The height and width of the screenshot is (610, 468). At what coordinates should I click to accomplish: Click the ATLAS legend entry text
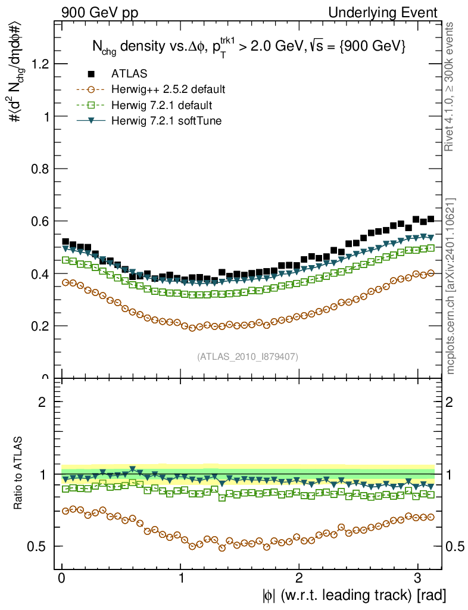[x=129, y=74]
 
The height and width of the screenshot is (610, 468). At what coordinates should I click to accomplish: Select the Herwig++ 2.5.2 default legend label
[x=168, y=90]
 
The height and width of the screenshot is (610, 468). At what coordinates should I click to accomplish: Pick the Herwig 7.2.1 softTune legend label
[x=167, y=121]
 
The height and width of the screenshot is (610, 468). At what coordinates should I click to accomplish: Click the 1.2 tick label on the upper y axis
[x=39, y=64]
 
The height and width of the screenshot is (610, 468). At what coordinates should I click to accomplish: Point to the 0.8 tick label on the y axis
[x=39, y=169]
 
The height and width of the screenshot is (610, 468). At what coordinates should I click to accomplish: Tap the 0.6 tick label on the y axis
[x=39, y=221]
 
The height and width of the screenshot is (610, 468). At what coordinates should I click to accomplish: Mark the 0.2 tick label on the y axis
[x=39, y=326]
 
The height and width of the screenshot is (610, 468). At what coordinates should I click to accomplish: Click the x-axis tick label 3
[x=417, y=579]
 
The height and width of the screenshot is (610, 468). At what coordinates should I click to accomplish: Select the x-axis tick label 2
[x=299, y=579]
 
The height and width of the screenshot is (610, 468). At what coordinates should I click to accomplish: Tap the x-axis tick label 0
[x=61, y=579]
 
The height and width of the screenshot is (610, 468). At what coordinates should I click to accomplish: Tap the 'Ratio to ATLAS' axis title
[x=19, y=475]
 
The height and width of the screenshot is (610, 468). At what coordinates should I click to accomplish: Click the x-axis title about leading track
[x=351, y=595]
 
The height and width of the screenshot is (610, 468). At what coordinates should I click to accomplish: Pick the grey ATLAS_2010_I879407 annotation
[x=248, y=356]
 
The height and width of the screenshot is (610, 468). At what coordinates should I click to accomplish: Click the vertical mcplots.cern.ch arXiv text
[x=451, y=286]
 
